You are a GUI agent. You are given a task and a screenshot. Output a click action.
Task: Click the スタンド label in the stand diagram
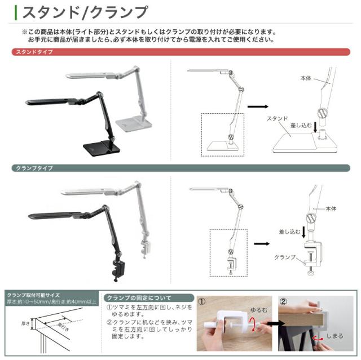pos(278,118)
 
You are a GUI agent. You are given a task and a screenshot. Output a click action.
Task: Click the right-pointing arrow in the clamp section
pos(261,244)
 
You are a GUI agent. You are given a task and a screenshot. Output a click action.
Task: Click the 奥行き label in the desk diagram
pos(66,327)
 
